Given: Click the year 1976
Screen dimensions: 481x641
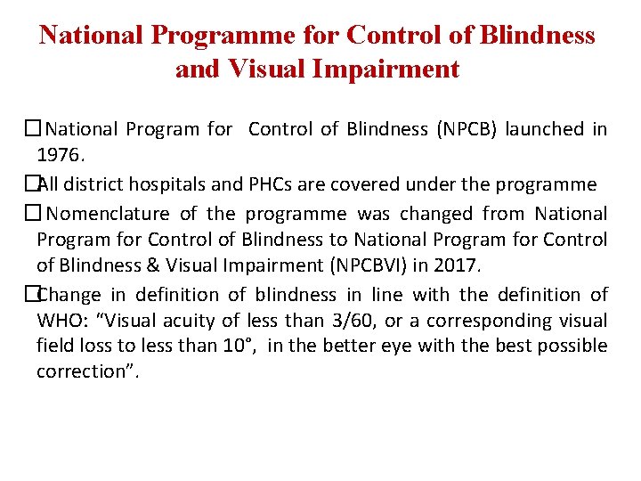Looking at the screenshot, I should pyautogui.click(x=60, y=155).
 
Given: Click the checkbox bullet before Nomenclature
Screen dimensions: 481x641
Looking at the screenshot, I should pyautogui.click(x=33, y=214).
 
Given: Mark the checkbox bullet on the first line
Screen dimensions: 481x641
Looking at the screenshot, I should pyautogui.click(x=33, y=129).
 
